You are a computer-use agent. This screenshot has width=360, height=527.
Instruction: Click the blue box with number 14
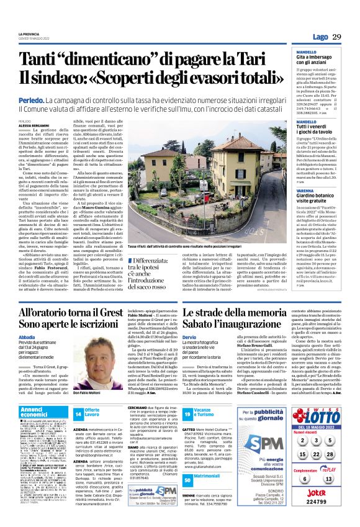[x=78, y=412]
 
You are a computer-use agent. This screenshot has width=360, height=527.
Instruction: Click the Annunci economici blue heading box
[x=42, y=412]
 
